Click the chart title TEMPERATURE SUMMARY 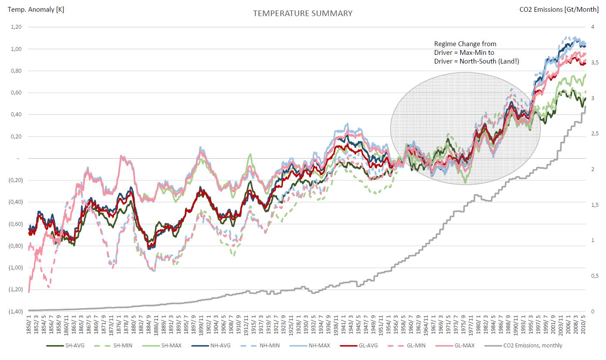pyautogui.click(x=303, y=13)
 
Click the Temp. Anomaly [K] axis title pyautogui.click(x=33, y=9)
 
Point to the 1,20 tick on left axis pyautogui.click(x=16, y=27)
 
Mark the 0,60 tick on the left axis pyautogui.click(x=16, y=93)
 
